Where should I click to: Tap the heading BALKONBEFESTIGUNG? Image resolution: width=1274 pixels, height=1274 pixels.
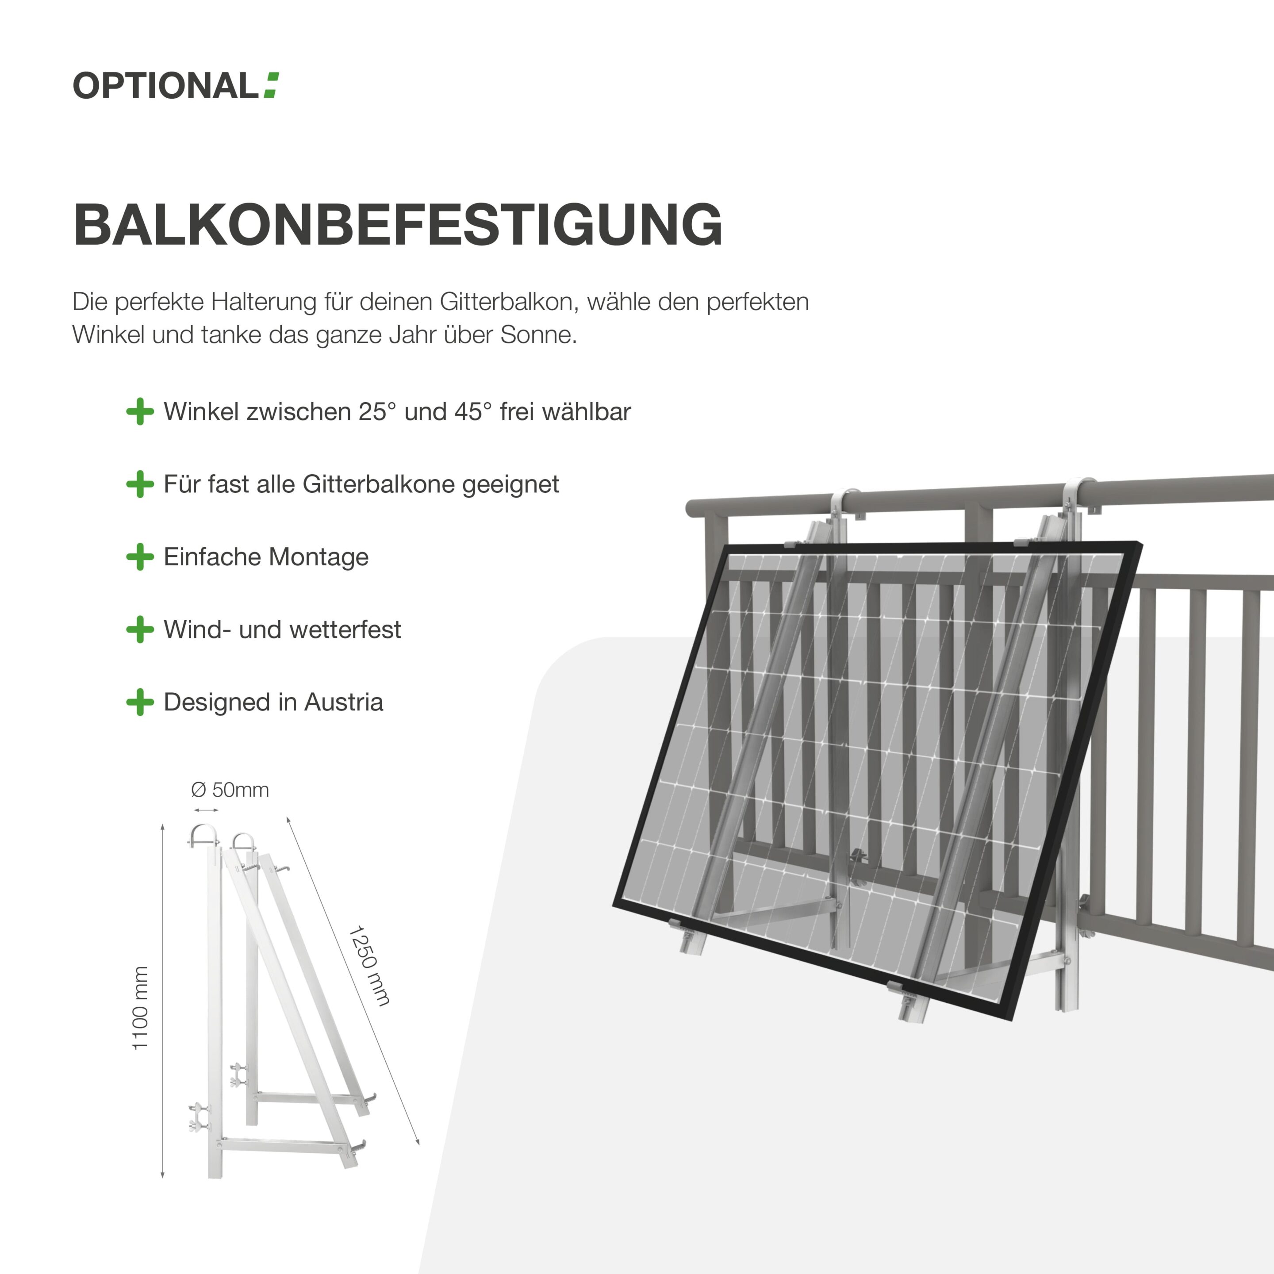398,225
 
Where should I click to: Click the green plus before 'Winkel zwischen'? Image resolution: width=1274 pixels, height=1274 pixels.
140,411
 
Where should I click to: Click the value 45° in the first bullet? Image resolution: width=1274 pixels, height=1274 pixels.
473,411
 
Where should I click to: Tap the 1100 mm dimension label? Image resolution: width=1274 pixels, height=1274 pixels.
140,1008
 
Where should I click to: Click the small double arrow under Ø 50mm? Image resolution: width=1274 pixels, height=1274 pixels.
205,810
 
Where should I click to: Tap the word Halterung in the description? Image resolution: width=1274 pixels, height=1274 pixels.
264,302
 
